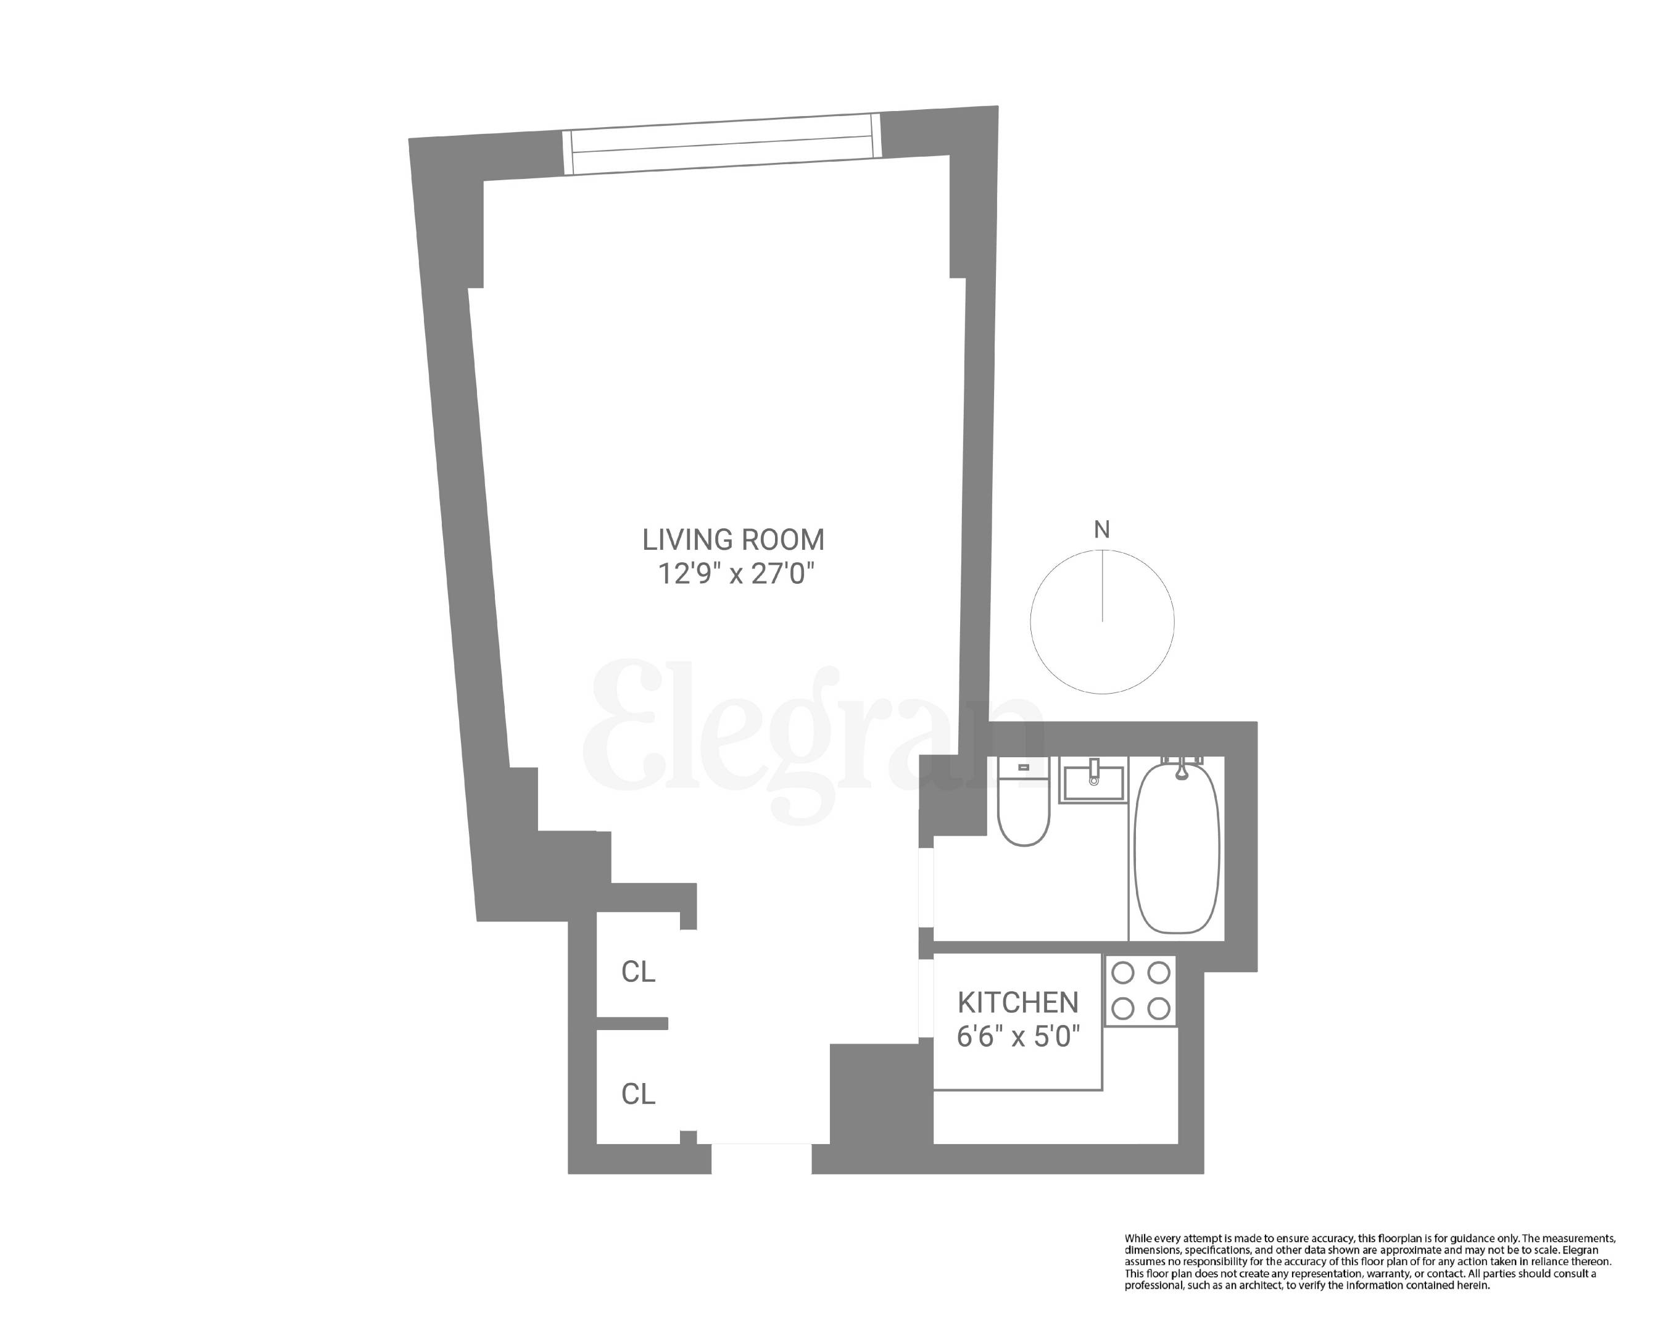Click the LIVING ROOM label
[x=733, y=539]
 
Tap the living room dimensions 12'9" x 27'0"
[x=736, y=574]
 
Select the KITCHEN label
[x=1017, y=1002]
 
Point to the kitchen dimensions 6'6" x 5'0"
[x=1017, y=1036]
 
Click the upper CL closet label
[x=638, y=972]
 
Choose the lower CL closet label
[x=638, y=1094]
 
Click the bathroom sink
[x=1093, y=781]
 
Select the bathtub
[x=1177, y=850]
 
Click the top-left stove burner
[x=1123, y=973]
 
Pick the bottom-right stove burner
[x=1158, y=1008]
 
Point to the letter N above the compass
[x=1102, y=529]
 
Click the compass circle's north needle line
[x=1103, y=585]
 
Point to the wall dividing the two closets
[x=632, y=1024]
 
